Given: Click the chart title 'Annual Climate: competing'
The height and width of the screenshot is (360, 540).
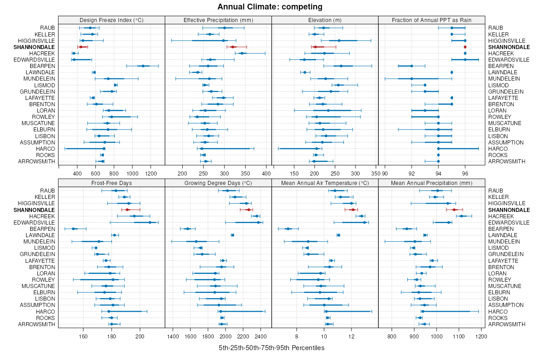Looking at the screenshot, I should point(270,7).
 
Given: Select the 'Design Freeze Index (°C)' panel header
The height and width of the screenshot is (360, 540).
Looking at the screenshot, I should point(112,20).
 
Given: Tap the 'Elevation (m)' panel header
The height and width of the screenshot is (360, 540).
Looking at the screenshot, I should point(325,20).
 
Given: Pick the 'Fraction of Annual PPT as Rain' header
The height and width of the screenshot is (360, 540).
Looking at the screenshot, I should point(432,20).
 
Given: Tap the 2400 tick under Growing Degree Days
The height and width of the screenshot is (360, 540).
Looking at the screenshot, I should point(261,336).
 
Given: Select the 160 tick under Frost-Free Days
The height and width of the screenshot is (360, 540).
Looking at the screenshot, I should point(83,336).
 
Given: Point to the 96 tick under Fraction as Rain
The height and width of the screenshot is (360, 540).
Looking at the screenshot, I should point(465,173).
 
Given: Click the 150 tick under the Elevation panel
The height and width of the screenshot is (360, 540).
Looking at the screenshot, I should point(295,173).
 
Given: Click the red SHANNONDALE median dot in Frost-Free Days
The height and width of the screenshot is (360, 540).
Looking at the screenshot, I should point(127,210).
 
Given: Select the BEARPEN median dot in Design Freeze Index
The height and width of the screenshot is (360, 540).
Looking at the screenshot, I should point(143,66).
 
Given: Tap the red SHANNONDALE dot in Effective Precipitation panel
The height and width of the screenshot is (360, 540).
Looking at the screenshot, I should point(233,47).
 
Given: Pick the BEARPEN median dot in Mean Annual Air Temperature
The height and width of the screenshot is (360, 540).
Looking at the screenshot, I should point(288,229).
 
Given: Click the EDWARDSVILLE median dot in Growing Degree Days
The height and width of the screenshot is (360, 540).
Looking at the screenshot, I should point(258,222).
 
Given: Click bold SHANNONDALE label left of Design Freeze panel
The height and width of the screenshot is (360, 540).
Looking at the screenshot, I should point(34,47).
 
